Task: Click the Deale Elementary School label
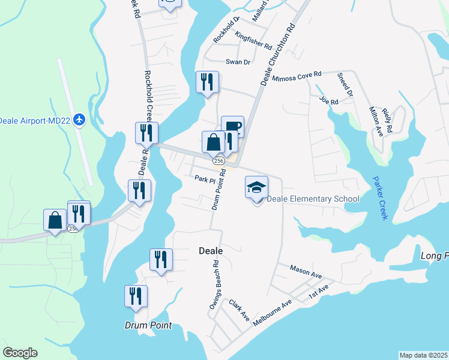click(x=313, y=199)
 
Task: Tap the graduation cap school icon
click(x=256, y=187)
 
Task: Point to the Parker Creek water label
click(x=379, y=197)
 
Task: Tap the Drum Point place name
click(x=148, y=325)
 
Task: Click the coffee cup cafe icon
click(x=232, y=127)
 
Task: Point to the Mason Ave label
click(x=306, y=271)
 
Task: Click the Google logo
click(x=20, y=353)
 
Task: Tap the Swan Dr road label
click(x=237, y=61)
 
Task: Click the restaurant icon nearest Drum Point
click(x=136, y=296)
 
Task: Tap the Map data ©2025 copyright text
click(x=423, y=355)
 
